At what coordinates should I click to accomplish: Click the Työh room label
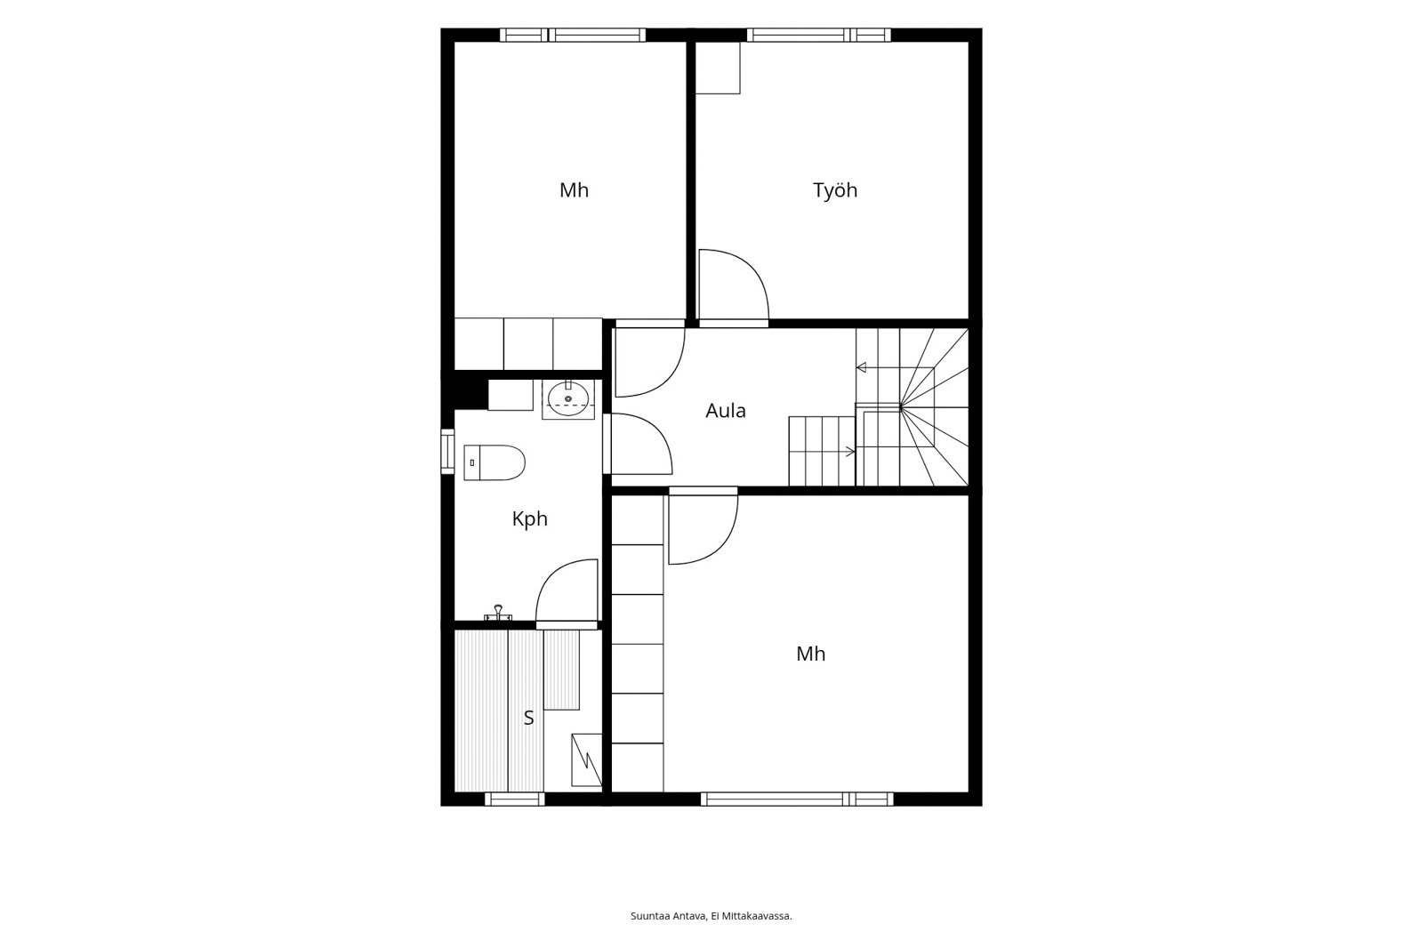835,190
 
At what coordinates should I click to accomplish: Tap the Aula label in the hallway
726,411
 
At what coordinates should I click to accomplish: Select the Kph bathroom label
529,519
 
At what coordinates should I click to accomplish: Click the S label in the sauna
528,718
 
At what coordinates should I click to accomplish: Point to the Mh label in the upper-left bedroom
574,190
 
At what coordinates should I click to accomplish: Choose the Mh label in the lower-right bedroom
810,654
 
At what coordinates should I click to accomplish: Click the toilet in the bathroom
494,462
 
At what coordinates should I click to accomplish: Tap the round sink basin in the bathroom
568,399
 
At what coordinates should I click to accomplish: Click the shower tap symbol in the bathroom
498,613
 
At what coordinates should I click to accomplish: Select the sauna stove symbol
586,760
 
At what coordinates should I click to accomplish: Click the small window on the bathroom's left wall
448,452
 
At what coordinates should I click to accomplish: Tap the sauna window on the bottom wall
515,799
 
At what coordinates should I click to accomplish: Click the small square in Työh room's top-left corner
718,68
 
